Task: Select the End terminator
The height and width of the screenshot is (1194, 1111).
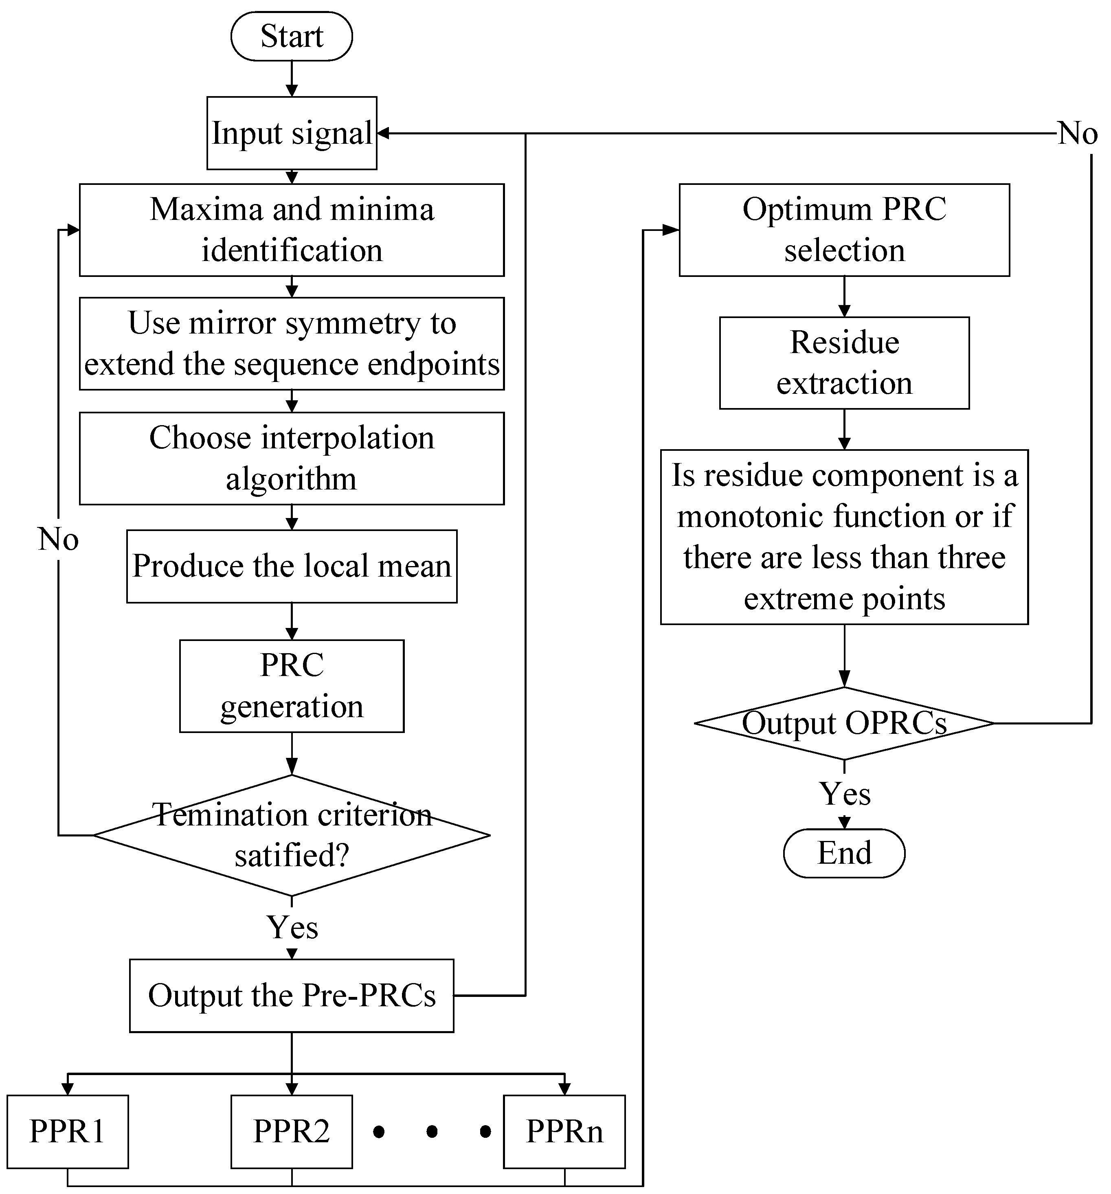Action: click(844, 853)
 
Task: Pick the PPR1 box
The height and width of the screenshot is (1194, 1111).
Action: click(67, 1132)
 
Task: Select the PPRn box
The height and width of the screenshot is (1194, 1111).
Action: click(564, 1132)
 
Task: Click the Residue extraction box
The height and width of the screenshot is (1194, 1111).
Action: click(844, 363)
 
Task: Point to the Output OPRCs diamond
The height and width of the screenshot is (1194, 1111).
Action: click(844, 723)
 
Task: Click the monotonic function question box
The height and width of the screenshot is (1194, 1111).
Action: click(844, 537)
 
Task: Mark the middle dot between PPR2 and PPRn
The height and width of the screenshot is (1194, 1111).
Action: click(432, 1132)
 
